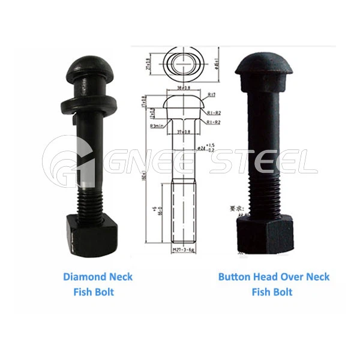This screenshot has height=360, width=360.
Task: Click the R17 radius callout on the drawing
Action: tap(211, 95)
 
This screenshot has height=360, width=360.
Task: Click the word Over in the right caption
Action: tap(293, 277)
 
